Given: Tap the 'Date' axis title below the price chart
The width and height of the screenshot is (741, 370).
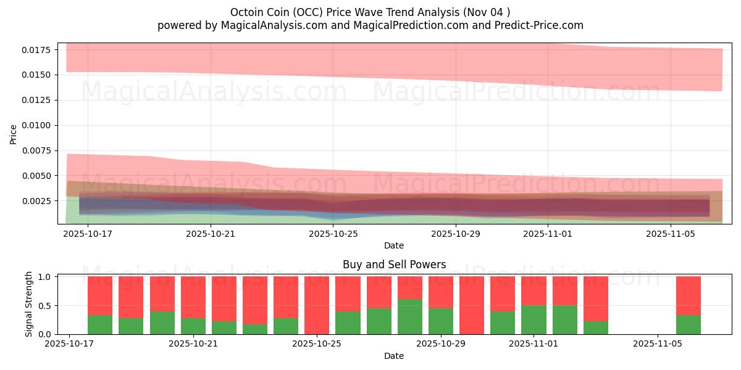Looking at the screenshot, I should coord(394,245).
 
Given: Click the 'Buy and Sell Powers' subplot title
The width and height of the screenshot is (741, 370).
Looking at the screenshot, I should coord(394,265).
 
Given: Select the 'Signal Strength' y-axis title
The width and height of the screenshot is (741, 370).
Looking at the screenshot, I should coord(29,305).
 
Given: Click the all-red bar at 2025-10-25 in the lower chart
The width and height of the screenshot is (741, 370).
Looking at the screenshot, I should coord(317,305).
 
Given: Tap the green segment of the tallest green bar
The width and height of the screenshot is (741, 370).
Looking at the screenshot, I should coord(410,317).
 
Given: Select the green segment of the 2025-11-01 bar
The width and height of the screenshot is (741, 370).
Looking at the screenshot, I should coord(534,320).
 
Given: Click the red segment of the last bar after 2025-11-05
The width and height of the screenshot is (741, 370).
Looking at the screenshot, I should coord(689,295).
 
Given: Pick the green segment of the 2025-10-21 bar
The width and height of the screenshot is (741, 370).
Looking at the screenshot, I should coord(193,326).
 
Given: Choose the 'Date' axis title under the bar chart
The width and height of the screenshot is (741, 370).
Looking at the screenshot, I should coord(394,356).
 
